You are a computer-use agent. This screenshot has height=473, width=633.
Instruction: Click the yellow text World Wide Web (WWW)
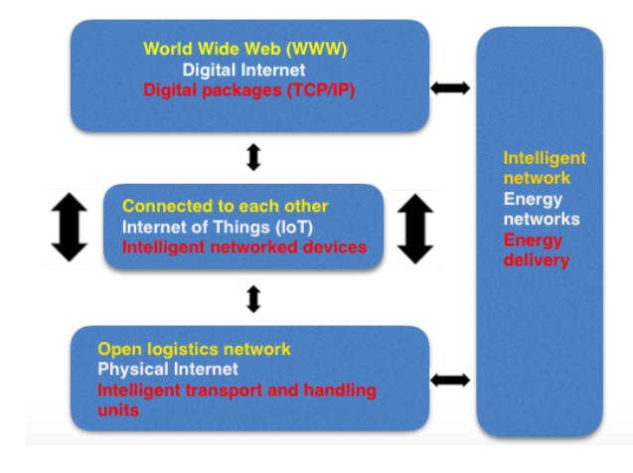coord(245,49)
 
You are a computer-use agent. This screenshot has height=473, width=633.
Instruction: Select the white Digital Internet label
coord(243,70)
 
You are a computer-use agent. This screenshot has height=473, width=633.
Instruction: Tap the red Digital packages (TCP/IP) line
coord(249,90)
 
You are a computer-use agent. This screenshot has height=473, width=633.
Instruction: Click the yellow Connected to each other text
coord(226,206)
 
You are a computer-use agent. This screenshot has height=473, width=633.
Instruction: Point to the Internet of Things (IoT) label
coord(218,228)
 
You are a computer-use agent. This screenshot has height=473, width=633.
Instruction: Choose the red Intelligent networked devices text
coord(244,247)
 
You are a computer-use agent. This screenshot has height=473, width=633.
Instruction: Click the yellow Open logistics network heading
coord(194,350)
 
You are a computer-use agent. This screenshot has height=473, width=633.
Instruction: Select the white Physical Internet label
coord(168,370)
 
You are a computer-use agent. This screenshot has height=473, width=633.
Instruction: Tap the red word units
coord(118,410)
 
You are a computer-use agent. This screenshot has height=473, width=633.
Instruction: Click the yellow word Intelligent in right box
coord(545,158)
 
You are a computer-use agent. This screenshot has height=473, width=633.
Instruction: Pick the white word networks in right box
coord(542,220)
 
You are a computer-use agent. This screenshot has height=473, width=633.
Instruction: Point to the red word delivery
coord(537,260)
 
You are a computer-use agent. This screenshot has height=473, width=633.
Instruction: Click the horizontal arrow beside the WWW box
coord(450,88)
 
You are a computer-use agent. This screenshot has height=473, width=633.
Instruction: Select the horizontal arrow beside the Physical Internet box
coord(450,380)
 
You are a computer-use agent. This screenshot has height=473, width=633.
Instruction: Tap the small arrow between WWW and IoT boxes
coord(253,157)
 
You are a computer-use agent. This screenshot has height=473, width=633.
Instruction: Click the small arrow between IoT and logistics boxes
coord(253,299)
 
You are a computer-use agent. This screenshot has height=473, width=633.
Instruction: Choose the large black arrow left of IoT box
coord(70,227)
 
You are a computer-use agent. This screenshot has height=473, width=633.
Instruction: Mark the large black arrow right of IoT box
coord(415,229)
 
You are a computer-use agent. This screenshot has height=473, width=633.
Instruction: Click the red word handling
coord(340,391)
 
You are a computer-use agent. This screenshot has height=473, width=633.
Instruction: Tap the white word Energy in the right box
coord(533,200)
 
